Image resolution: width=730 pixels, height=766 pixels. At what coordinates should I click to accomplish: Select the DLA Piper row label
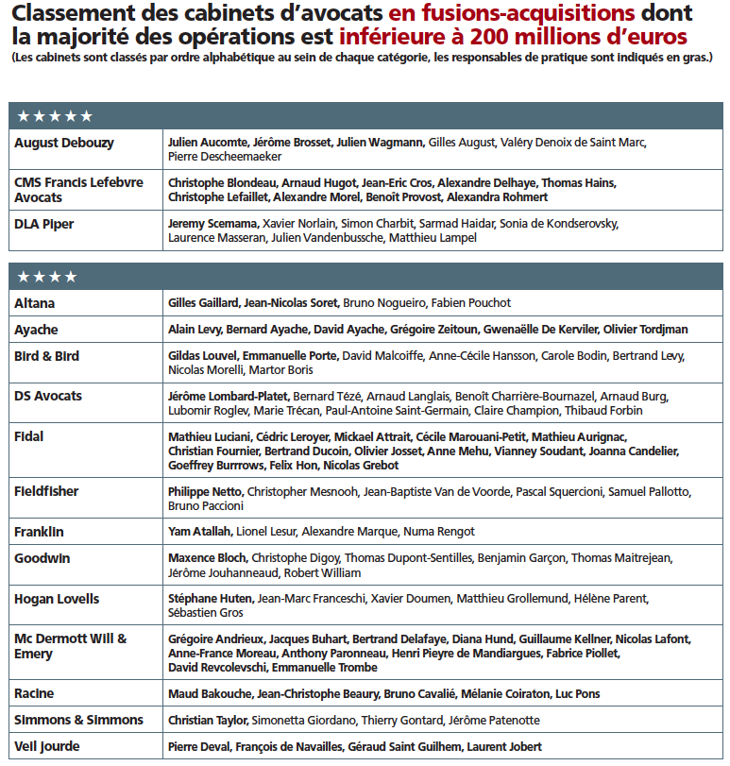(44, 224)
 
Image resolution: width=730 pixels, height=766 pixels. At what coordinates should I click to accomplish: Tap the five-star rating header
(55, 115)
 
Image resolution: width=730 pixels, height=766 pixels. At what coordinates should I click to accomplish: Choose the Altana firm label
(35, 303)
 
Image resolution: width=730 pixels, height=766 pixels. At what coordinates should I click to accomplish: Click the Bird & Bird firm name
(47, 356)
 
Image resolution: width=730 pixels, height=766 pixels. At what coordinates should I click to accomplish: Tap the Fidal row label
(29, 437)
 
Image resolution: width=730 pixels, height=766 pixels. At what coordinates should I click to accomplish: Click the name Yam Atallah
(200, 532)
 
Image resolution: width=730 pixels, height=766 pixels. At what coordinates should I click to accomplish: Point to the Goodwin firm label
(42, 558)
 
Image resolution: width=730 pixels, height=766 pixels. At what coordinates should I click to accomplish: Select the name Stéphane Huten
(210, 599)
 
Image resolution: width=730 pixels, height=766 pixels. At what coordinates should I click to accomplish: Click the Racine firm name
(34, 693)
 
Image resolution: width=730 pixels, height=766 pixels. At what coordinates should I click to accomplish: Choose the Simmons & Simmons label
(78, 720)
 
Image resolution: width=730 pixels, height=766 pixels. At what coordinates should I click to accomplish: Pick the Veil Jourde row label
(46, 746)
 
